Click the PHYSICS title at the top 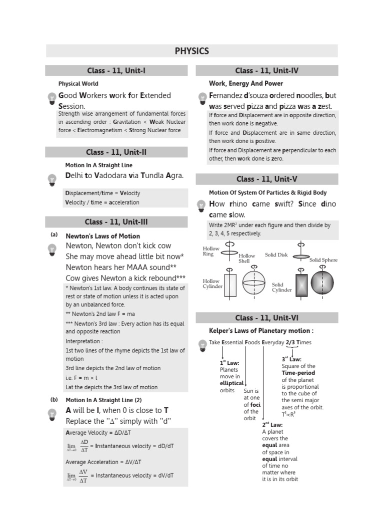click(192, 51)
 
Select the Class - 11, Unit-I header click(116, 71)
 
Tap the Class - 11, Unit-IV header click(266, 71)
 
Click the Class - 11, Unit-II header click(116, 152)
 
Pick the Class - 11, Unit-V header click(266, 179)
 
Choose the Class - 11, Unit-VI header click(266, 318)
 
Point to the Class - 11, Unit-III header click(116, 222)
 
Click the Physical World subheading click(78, 84)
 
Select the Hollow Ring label click(210, 251)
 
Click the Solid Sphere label click(323, 260)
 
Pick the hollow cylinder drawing click(230, 285)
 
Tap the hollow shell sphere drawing click(255, 283)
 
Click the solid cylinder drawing click(301, 284)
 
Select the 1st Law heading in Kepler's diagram click(229, 363)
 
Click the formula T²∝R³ click(288, 414)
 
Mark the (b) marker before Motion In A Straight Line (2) click(54, 400)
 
